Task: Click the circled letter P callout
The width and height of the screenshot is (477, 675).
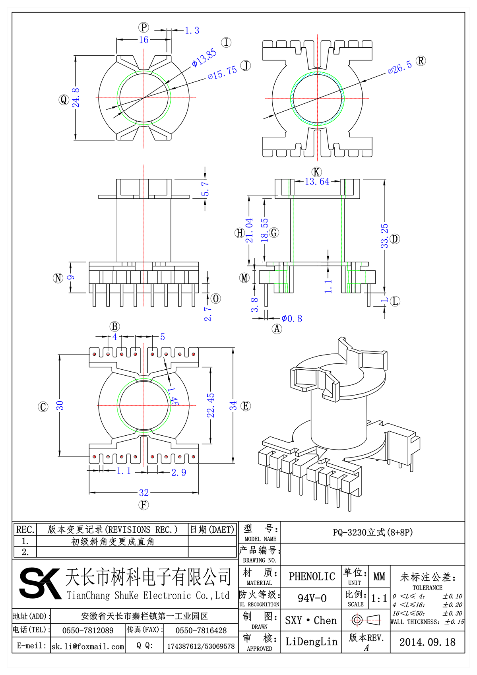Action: [143, 27]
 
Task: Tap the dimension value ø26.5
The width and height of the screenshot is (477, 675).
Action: [399, 68]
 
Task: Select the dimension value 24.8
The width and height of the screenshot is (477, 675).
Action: [76, 98]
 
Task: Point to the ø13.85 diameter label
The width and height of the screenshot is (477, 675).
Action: [204, 58]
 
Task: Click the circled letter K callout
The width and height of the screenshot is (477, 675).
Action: [316, 172]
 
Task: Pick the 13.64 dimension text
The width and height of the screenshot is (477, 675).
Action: [317, 182]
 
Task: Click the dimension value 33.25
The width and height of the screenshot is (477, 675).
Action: [384, 236]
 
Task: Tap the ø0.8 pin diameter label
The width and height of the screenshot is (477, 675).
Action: [292, 318]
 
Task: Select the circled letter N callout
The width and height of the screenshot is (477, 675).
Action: [58, 278]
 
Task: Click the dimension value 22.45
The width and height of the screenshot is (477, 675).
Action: [211, 405]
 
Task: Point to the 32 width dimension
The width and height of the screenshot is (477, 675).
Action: [144, 493]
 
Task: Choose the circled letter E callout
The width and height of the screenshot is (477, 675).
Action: [246, 406]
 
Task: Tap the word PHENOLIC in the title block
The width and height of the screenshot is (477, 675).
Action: [312, 576]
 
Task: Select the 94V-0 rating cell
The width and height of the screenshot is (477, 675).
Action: [312, 598]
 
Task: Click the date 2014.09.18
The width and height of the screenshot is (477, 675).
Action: [427, 642]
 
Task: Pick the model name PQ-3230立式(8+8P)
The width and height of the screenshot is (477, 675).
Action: [372, 532]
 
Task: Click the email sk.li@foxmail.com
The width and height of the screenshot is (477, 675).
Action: [88, 646]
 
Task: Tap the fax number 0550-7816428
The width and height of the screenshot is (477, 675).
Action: [201, 630]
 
